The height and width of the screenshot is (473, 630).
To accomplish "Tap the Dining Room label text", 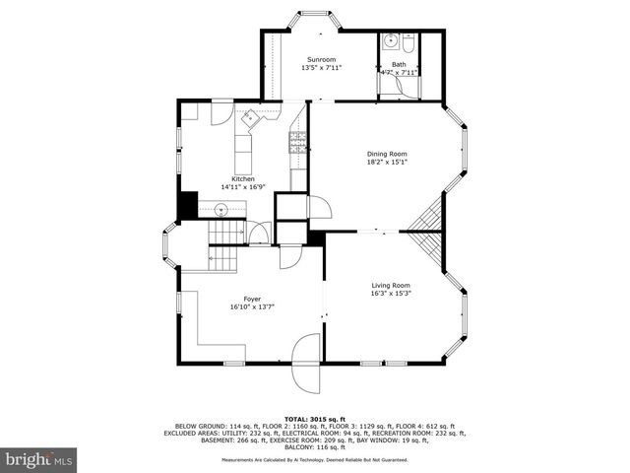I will coord(387,154).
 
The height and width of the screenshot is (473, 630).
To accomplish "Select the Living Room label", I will coord(390,286).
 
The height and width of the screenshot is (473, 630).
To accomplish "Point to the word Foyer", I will coord(253,299).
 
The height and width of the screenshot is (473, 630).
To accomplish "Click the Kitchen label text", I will coord(243,178).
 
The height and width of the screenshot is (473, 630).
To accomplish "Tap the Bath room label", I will coord(399,64).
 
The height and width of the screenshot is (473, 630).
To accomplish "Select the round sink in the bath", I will coord(391,42).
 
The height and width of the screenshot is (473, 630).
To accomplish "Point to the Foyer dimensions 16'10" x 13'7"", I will coord(253,306).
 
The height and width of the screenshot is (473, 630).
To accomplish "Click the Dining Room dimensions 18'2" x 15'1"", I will coord(387,163).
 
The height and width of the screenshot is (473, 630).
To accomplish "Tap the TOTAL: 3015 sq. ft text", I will coord(315,418).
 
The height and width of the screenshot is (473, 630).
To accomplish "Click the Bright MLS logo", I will coord(39,459).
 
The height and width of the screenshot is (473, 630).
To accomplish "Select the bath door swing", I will coord(398,86).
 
